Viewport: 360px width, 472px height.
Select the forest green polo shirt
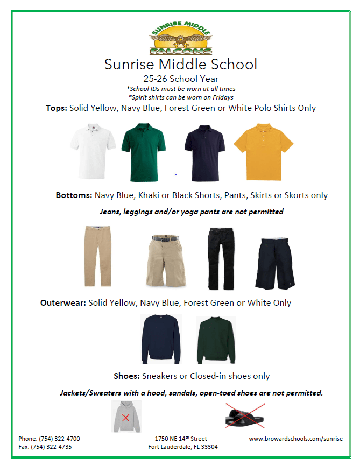click(144, 152)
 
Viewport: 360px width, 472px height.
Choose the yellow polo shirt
click(263, 152)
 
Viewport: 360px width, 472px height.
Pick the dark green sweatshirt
click(215, 340)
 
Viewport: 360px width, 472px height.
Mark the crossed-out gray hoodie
click(126, 416)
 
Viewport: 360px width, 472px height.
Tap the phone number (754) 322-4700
click(49, 439)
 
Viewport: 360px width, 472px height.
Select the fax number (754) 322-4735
click(45, 447)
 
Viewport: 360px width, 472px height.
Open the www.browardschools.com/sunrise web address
click(295, 439)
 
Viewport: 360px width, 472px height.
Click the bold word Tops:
click(56, 108)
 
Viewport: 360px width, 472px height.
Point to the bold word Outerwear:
click(63, 303)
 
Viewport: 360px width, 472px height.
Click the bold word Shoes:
click(127, 376)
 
